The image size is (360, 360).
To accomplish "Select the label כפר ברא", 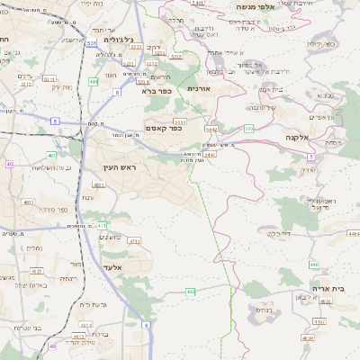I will tap(156, 90).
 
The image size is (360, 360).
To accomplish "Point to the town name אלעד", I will tap(113, 267).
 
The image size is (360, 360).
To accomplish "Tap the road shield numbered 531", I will tap(93, 41).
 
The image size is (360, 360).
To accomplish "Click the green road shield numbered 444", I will tap(94, 82).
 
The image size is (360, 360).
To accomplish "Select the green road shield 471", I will tap(102, 225).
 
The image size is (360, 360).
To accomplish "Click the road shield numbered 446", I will tap(313, 265).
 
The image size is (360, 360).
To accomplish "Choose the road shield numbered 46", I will tap(52, 345).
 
